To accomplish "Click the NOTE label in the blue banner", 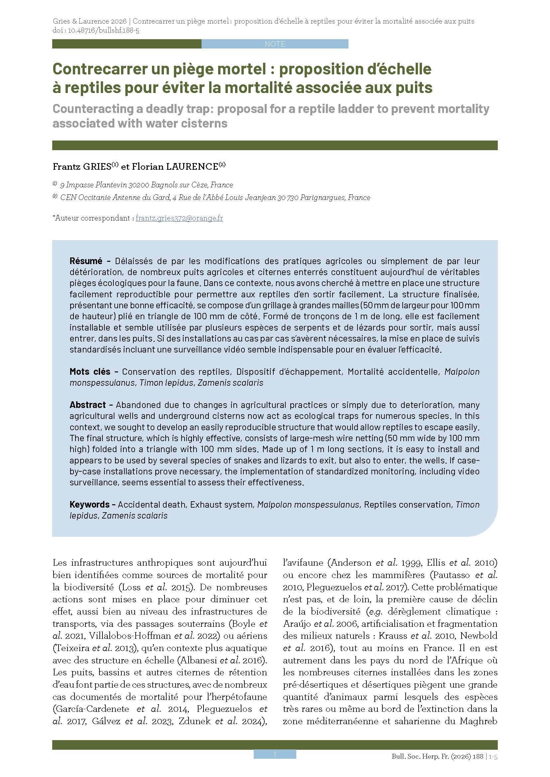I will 275,44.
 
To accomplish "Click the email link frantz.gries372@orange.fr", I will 179,218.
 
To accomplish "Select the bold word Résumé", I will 86,261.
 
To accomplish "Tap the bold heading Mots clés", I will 90,372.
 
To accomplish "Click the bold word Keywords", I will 89,504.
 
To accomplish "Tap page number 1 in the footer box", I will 275,754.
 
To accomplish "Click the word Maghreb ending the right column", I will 478,721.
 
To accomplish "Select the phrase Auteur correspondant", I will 93,218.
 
